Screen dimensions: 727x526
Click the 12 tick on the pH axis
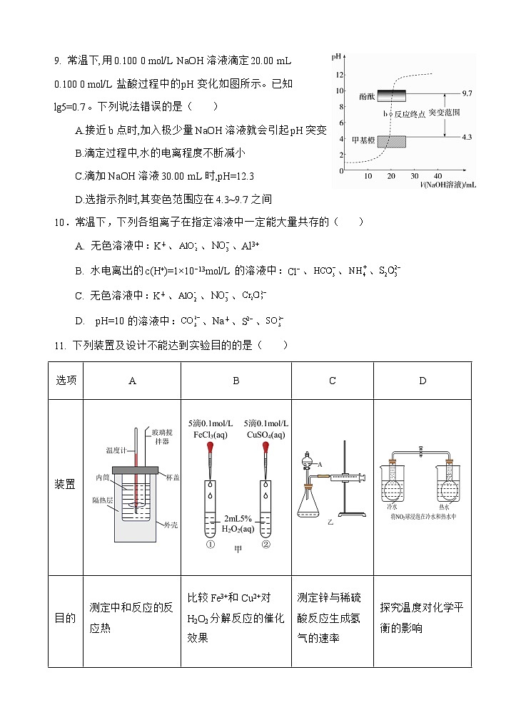(340, 75)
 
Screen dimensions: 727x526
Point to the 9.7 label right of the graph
(467, 94)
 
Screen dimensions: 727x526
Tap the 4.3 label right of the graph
(467, 137)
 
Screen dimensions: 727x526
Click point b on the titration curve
(391, 114)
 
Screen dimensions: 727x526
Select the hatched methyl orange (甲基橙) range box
(391, 141)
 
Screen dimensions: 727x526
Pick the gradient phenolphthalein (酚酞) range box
(391, 96)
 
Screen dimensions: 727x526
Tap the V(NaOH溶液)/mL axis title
(448, 185)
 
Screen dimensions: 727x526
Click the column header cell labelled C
(332, 381)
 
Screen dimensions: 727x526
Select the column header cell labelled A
(132, 381)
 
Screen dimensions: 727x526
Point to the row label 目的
(65, 618)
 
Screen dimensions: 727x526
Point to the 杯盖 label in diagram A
(171, 475)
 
